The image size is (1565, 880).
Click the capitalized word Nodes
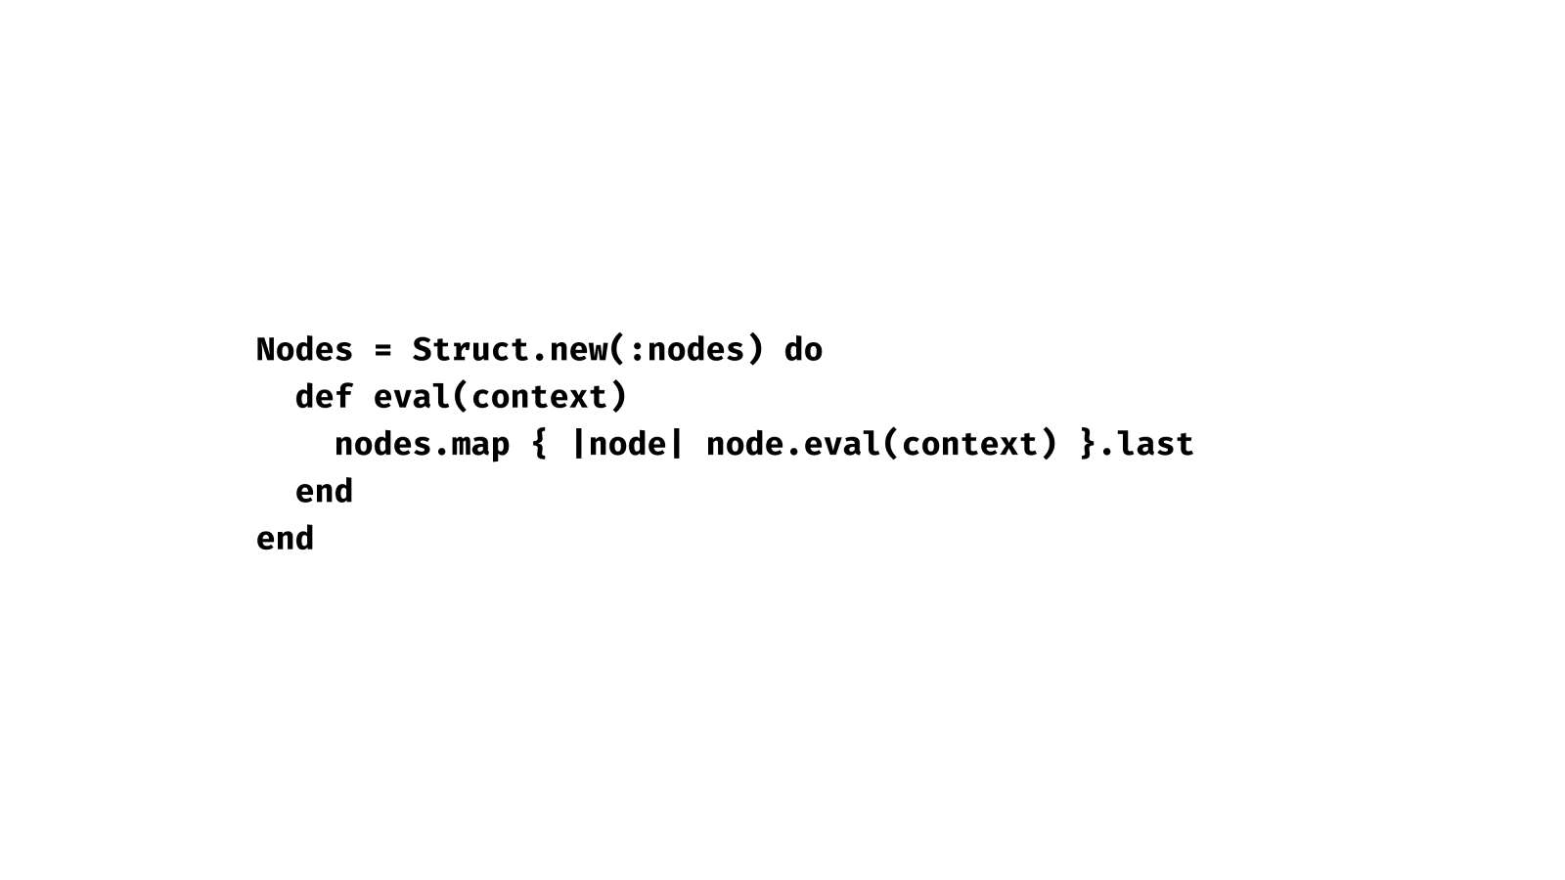tap(304, 349)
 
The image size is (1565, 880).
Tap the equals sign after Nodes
tap(382, 350)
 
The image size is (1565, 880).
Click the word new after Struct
tap(578, 350)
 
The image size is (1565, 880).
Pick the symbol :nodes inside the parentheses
tap(686, 349)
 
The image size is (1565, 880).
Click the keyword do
tap(803, 349)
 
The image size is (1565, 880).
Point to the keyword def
tap(324, 396)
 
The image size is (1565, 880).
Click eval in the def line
tap(412, 396)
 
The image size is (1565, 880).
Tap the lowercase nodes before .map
tap(382, 444)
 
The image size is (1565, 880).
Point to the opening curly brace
tap(539, 444)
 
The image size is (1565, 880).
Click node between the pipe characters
tap(627, 444)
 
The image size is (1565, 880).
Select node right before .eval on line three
tap(744, 444)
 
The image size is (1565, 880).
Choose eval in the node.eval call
tap(842, 444)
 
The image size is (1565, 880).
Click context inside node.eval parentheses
tap(969, 444)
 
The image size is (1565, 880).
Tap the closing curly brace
tap(1087, 444)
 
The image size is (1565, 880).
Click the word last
tap(1155, 444)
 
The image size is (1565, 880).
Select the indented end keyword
tap(324, 491)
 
